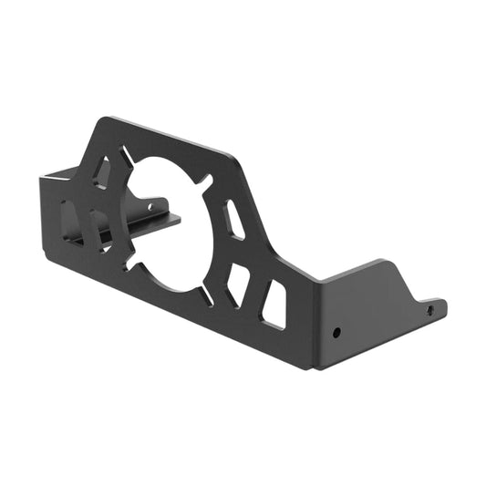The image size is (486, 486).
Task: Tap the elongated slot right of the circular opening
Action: tap(233, 220)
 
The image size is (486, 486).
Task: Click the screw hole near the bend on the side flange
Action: tap(336, 332)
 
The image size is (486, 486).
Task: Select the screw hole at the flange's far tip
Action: tap(430, 310)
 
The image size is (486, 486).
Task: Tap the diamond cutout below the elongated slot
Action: tap(239, 282)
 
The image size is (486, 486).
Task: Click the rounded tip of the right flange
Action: tap(442, 305)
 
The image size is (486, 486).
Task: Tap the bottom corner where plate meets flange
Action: tap(314, 367)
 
